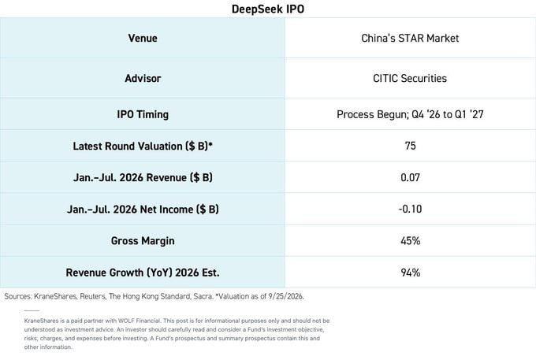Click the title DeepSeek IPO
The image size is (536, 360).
pyautogui.click(x=268, y=9)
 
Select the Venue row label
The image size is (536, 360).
pyautogui.click(x=143, y=38)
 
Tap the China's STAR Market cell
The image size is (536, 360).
pyautogui.click(x=410, y=38)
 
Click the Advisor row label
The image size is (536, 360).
pyautogui.click(x=143, y=78)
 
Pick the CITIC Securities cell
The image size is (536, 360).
pyautogui.click(x=410, y=78)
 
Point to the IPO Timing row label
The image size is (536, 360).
pyautogui.click(x=143, y=114)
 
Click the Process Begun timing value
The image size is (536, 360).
pyautogui.click(x=410, y=114)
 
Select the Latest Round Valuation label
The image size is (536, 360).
pyautogui.click(x=143, y=146)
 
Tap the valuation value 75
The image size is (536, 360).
pyautogui.click(x=410, y=146)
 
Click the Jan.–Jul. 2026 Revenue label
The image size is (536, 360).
pyautogui.click(x=143, y=177)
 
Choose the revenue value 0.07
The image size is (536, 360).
pyautogui.click(x=410, y=177)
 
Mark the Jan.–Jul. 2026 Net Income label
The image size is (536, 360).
pyautogui.click(x=143, y=209)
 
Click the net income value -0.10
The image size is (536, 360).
pyautogui.click(x=410, y=209)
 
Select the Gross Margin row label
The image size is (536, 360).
pyautogui.click(x=143, y=241)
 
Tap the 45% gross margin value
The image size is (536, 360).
pyautogui.click(x=410, y=241)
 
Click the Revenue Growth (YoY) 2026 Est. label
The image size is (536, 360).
pyautogui.click(x=143, y=273)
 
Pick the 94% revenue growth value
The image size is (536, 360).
pyautogui.click(x=410, y=273)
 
